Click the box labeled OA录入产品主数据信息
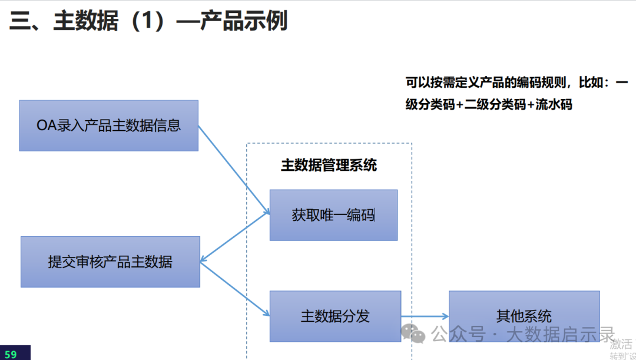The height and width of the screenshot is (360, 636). (x=109, y=126)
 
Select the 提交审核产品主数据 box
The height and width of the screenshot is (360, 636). (x=110, y=262)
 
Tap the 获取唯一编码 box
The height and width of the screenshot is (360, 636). (x=333, y=215)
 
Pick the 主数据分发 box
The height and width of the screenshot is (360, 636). (x=336, y=316)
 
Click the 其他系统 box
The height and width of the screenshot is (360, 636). (x=524, y=316)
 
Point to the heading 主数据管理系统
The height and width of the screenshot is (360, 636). (x=329, y=165)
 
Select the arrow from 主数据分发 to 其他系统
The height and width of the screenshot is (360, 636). (x=425, y=316)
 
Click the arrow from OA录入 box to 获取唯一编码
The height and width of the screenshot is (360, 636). (x=234, y=170)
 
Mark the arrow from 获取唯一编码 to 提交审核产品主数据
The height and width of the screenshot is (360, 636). (x=235, y=237)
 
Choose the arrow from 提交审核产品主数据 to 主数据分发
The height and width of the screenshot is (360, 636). (x=235, y=289)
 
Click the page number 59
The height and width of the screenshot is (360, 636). (x=11, y=354)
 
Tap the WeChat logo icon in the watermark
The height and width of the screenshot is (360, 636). (x=413, y=333)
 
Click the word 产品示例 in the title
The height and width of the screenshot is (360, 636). (x=243, y=20)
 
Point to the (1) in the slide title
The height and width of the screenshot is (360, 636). (x=148, y=21)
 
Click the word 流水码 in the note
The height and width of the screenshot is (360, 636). (x=554, y=104)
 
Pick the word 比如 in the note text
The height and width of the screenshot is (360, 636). (x=591, y=82)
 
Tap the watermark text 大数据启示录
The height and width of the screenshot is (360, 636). (x=561, y=335)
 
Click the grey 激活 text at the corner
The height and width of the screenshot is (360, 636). (x=621, y=344)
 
